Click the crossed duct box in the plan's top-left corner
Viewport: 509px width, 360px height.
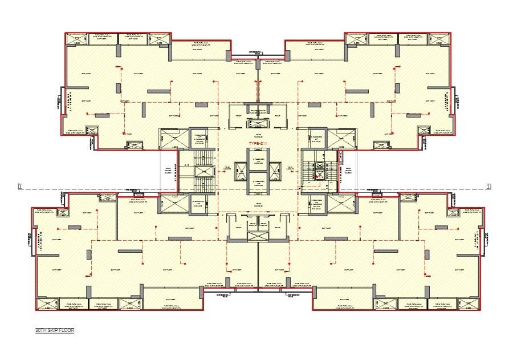[75, 39]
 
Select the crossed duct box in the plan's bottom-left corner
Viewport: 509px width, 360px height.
[47, 304]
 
